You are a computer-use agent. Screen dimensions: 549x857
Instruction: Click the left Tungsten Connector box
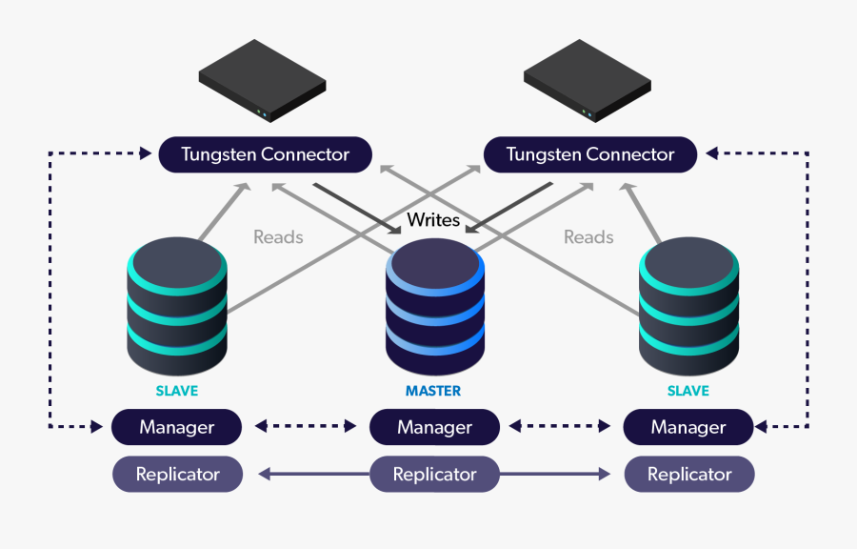click(265, 154)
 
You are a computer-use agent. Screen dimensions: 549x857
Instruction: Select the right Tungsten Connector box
click(590, 154)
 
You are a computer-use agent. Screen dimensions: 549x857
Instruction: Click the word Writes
click(433, 220)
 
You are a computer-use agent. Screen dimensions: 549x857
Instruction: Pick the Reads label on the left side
click(278, 236)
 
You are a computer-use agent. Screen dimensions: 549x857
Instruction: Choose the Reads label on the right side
click(588, 236)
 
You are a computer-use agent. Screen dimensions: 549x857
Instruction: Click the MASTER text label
click(433, 391)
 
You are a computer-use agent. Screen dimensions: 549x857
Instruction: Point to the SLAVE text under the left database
click(177, 391)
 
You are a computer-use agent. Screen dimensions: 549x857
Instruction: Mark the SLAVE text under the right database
click(688, 391)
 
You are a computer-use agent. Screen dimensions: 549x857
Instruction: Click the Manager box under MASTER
click(434, 427)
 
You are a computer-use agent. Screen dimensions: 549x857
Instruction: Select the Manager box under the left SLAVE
click(177, 427)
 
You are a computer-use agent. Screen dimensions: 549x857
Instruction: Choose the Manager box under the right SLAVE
click(688, 427)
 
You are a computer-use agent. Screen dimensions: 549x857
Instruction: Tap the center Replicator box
click(434, 474)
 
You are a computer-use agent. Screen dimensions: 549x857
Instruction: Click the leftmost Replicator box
click(177, 474)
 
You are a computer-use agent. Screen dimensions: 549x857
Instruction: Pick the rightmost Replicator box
click(689, 474)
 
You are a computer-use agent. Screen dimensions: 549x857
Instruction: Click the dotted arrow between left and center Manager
click(306, 427)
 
